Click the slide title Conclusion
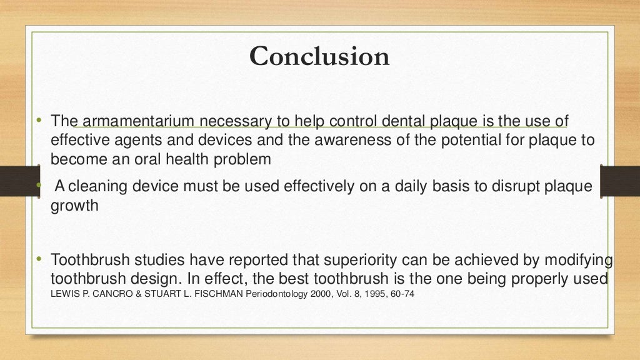319,57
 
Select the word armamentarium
134,121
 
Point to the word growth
75,206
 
